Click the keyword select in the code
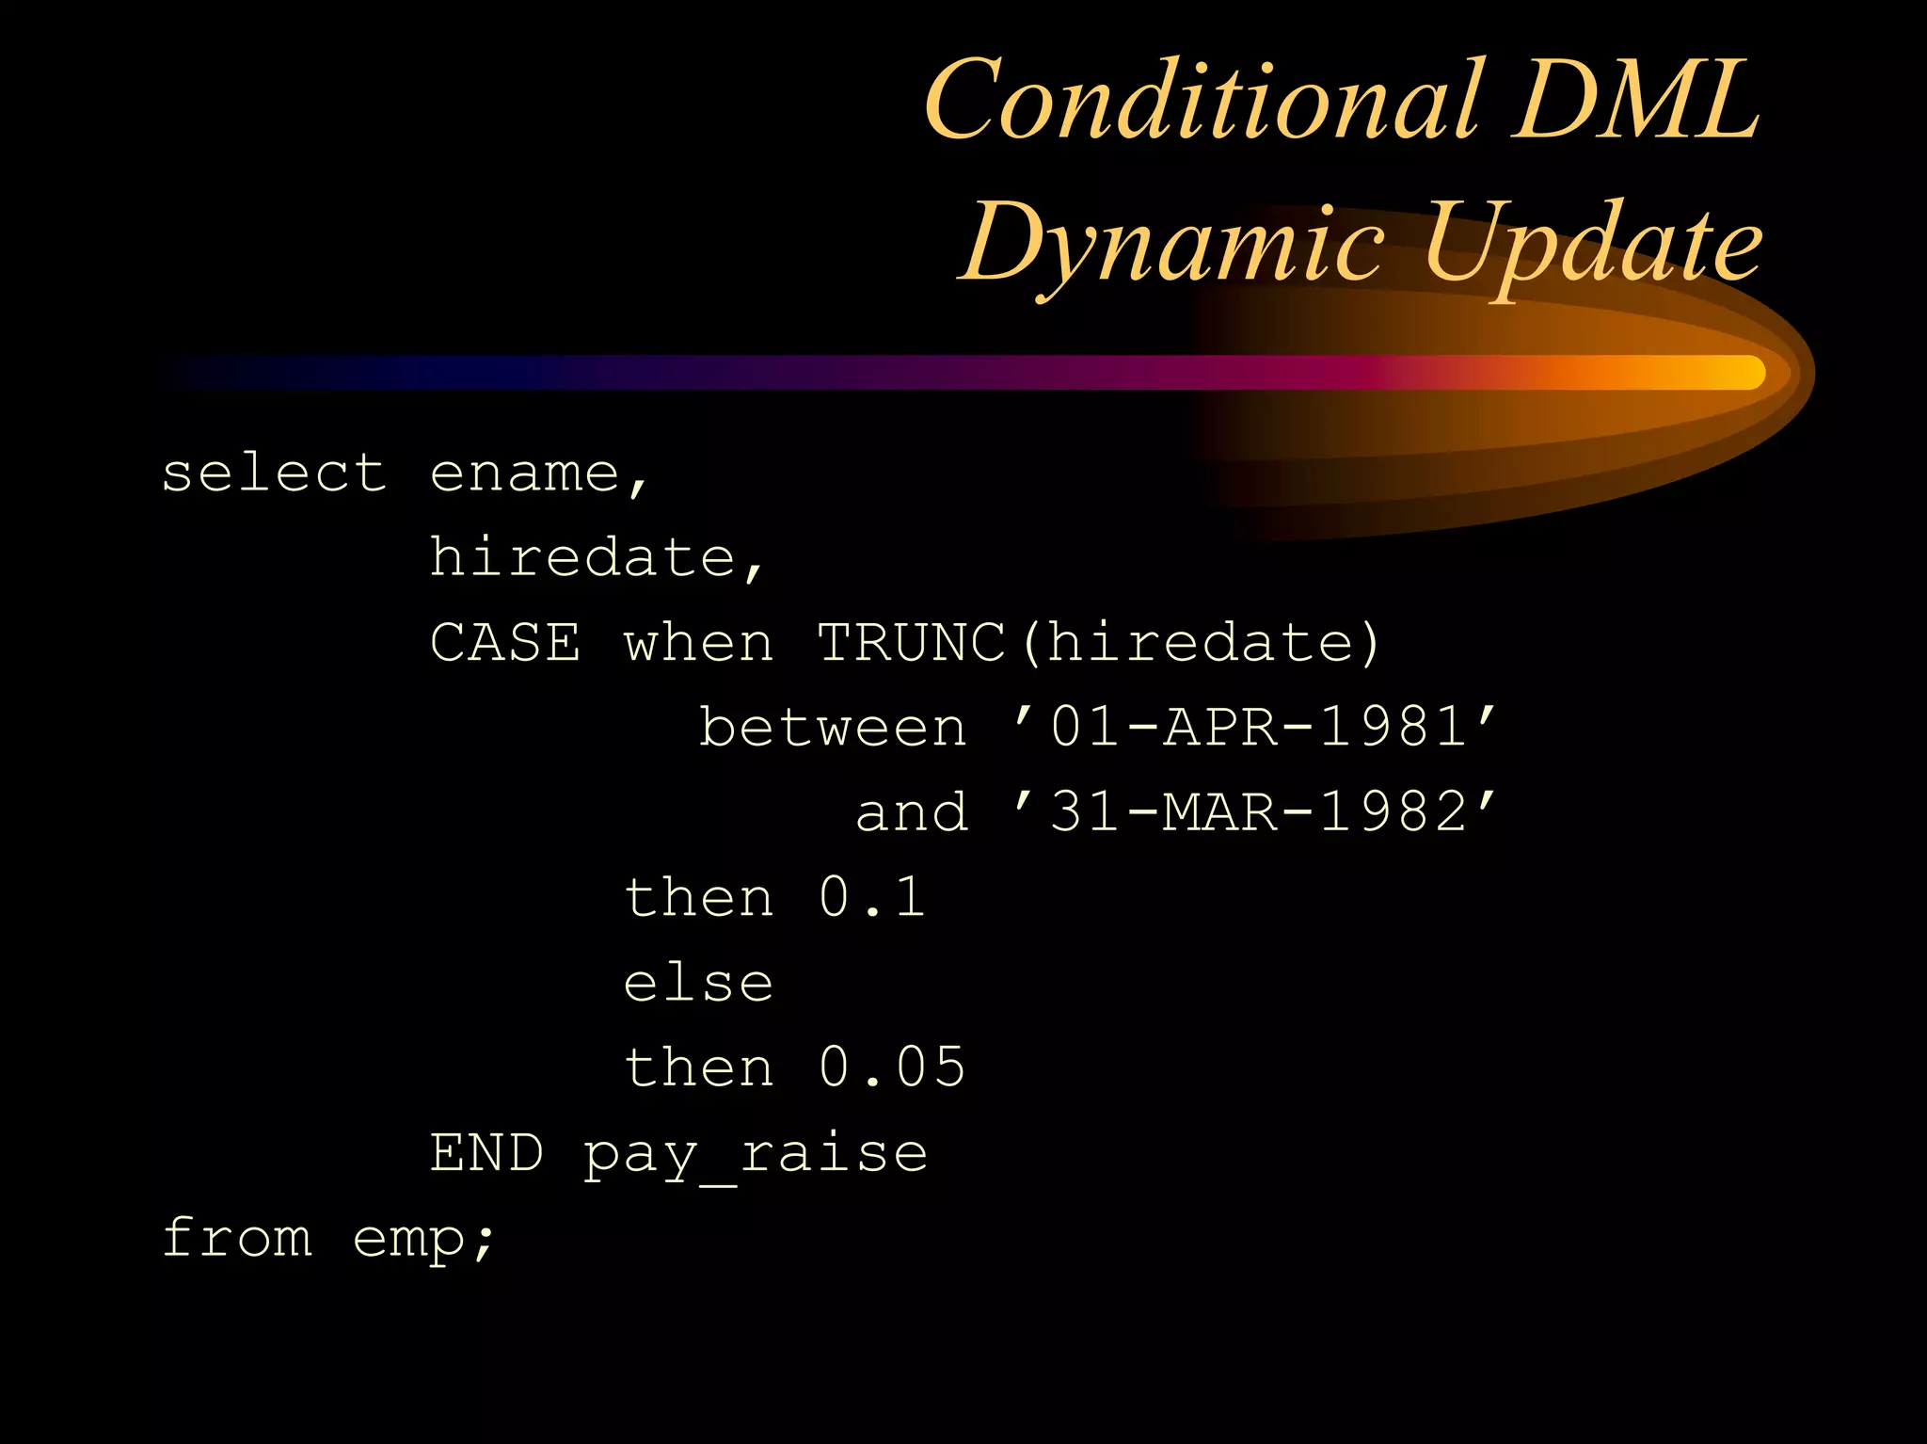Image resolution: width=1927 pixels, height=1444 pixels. pos(274,473)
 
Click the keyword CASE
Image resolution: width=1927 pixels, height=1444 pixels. pos(505,644)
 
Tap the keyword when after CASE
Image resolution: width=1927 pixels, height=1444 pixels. pos(699,644)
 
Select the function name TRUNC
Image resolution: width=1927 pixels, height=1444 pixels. pos(911,644)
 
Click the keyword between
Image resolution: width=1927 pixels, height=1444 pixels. pos(833,729)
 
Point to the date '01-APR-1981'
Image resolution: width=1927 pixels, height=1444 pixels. pos(1255,727)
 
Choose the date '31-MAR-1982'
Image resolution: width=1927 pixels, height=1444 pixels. pos(1255,811)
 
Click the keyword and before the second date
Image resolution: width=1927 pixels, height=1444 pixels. pos(912,813)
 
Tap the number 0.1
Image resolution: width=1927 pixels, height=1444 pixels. pos(872,897)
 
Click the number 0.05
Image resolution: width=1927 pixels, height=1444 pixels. pos(892,1067)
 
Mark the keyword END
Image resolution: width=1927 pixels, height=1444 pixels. pos(486,1153)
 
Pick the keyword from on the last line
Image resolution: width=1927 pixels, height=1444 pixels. pos(237,1238)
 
